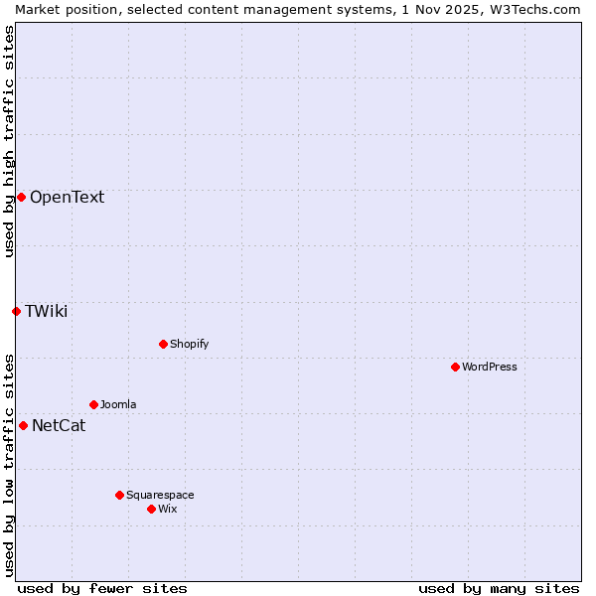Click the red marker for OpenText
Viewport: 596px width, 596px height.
coord(21,197)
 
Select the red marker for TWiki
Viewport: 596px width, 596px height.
coord(16,311)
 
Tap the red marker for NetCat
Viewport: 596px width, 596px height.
coord(23,425)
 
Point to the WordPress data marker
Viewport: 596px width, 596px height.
coord(455,367)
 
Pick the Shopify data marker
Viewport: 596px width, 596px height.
coord(163,344)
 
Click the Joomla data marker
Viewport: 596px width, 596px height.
coord(93,404)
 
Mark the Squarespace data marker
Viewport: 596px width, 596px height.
coord(119,495)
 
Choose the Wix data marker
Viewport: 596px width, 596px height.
coord(151,509)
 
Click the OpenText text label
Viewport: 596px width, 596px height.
coord(67,197)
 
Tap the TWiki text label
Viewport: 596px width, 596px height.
coord(46,311)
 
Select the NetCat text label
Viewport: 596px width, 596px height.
coord(59,426)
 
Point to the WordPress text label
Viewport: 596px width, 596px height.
coord(489,367)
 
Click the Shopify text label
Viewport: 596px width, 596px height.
coord(189,344)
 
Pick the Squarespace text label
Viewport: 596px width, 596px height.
coord(160,495)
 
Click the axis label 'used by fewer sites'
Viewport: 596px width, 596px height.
coord(102,588)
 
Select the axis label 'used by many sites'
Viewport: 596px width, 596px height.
coord(499,588)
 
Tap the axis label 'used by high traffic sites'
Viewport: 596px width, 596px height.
coord(9,141)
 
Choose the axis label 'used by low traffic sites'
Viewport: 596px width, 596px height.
coord(9,465)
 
